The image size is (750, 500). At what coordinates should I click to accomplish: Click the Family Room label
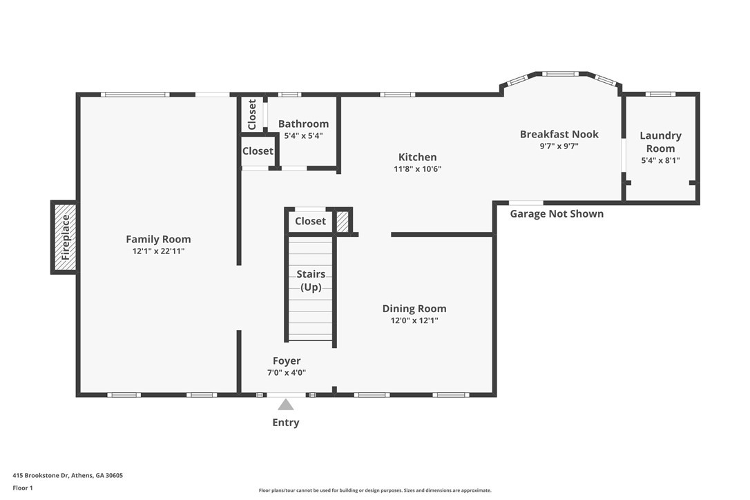tap(158, 239)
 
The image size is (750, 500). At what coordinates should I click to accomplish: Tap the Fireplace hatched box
tap(65, 238)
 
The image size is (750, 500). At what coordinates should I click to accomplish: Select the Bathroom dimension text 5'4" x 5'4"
tap(303, 136)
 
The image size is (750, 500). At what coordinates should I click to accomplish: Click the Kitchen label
tap(418, 157)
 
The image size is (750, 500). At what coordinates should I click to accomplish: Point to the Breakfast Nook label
tap(559, 135)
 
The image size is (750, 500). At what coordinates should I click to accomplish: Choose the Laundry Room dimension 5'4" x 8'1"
tap(660, 161)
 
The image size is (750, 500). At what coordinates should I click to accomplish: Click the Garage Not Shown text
tap(557, 214)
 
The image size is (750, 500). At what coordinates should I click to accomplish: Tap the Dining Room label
tap(414, 309)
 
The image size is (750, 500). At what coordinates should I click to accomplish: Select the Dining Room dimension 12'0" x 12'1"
tap(414, 320)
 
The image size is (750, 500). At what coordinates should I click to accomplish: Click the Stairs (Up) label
tap(311, 280)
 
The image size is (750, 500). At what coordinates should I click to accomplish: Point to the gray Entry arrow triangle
tap(285, 405)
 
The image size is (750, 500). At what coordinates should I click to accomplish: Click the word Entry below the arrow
tap(285, 423)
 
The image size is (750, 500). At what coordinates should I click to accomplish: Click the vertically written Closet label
tap(252, 115)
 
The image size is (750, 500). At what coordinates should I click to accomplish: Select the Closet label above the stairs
tap(310, 221)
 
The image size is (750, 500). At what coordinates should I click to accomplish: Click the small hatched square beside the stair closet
tap(343, 222)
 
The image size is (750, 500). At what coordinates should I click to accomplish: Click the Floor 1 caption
tap(23, 488)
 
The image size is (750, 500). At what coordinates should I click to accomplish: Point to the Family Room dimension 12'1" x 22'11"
tap(158, 251)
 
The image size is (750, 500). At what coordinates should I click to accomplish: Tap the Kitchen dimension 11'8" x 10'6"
tap(418, 169)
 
